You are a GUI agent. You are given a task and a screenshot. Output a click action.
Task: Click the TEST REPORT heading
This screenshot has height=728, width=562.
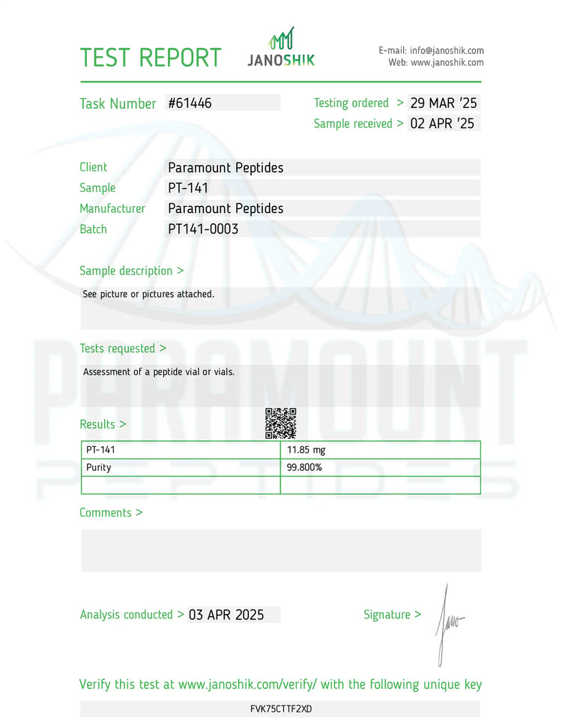(151, 58)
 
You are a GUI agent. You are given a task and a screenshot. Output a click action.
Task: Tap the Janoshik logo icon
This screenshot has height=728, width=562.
(282, 40)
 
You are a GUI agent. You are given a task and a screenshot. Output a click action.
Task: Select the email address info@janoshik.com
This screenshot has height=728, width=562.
(447, 50)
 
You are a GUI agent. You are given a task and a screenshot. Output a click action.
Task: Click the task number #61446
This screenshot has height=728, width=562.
(190, 103)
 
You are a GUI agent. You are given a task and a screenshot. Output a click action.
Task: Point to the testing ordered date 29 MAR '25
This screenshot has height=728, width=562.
(444, 103)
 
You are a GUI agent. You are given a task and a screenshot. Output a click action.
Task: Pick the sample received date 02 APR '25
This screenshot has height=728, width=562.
(442, 124)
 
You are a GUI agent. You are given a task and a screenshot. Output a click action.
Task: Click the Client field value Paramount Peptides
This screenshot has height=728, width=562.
(226, 168)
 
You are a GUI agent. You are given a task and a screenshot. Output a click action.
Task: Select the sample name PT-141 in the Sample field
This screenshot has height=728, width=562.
(188, 188)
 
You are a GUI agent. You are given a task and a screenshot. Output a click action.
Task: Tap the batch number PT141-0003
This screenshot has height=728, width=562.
(203, 229)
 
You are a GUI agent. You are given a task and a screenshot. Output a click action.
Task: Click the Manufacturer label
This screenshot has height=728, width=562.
(112, 208)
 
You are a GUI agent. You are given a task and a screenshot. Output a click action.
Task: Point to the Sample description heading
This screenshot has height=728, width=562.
(131, 271)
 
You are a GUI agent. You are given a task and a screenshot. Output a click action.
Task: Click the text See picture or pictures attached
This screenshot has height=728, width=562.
(148, 294)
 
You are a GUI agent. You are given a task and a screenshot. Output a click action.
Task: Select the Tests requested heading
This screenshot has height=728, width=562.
(123, 348)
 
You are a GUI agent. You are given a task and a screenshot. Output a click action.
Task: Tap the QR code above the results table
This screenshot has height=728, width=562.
(281, 424)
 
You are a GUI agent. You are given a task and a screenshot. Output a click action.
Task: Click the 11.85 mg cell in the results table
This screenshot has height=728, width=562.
(306, 450)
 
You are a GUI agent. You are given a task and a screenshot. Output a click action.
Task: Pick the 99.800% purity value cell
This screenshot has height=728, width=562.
(304, 467)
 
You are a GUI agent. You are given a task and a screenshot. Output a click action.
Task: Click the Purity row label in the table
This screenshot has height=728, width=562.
(99, 467)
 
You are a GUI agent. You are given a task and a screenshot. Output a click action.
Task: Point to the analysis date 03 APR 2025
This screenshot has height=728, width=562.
(226, 615)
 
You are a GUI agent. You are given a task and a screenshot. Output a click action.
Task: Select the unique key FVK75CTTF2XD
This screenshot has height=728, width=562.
(281, 709)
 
